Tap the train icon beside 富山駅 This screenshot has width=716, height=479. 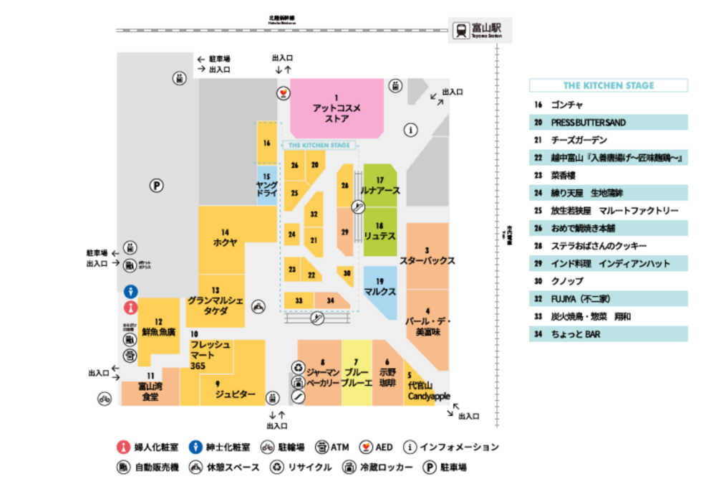[460, 30]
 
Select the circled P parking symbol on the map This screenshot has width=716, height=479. [156, 186]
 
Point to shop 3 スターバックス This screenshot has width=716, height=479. [427, 255]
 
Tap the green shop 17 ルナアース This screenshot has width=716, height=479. [380, 186]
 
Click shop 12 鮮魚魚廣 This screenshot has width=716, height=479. [158, 327]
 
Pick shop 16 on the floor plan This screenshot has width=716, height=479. [266, 143]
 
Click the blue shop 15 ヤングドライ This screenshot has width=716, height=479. [266, 185]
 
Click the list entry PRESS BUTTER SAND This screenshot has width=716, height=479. [609, 123]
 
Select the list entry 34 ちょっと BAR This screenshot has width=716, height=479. [609, 334]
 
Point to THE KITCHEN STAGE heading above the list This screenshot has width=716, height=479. [609, 85]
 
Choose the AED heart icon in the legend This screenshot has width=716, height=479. [365, 447]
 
